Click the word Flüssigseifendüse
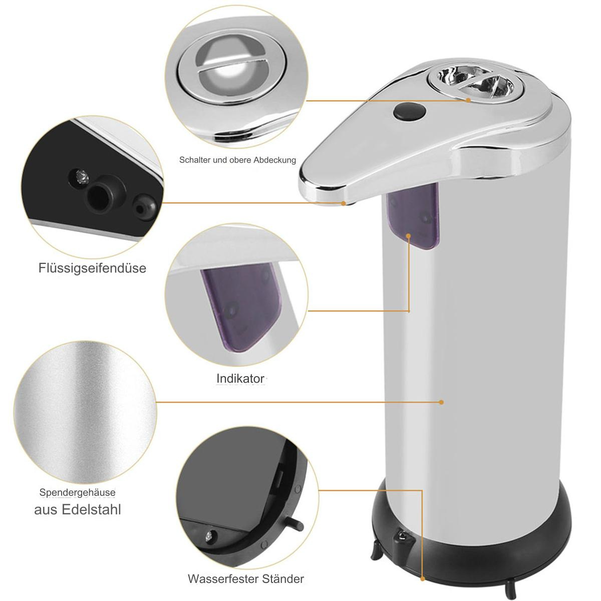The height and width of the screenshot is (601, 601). coord(92,268)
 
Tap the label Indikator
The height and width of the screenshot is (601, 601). coord(240,379)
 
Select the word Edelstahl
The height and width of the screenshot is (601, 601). coord(91,510)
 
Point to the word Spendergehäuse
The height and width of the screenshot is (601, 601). coord(77,492)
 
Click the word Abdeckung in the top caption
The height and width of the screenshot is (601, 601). coord(274,160)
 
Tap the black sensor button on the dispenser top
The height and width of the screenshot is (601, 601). coord(410,112)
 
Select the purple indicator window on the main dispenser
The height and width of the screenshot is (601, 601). coord(413,215)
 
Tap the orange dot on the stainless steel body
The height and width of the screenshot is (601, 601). coord(441,402)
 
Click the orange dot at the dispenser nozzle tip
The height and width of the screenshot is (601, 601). coord(344,203)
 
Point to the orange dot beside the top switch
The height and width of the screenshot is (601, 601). coord(468,100)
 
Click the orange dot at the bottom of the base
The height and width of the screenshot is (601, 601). coord(423,579)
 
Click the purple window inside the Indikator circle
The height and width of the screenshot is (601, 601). coord(240,306)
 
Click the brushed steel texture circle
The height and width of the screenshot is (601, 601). coord(85,412)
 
